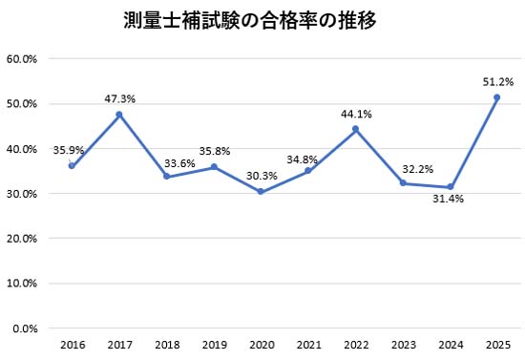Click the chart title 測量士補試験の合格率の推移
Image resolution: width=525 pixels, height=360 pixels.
(x=249, y=20)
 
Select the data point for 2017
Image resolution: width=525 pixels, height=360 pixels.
(x=118, y=115)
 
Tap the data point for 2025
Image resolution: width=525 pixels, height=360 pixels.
(x=497, y=97)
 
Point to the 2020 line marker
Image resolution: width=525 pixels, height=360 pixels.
(x=261, y=192)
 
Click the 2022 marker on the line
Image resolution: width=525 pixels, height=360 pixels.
(x=355, y=129)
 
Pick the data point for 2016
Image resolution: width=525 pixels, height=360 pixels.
(x=72, y=166)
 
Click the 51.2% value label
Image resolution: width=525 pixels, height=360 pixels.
(x=497, y=81)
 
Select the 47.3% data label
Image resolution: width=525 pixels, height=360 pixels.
(x=118, y=98)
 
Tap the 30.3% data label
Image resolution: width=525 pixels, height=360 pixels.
(x=261, y=176)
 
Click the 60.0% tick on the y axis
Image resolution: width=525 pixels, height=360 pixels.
(x=21, y=58)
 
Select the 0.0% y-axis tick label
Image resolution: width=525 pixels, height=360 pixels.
(x=24, y=328)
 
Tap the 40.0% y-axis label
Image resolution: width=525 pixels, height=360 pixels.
(x=21, y=149)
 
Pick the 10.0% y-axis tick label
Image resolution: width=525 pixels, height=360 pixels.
(x=21, y=284)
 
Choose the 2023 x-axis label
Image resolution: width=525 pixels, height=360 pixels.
(x=403, y=344)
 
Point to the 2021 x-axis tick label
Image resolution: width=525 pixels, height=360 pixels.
(x=308, y=344)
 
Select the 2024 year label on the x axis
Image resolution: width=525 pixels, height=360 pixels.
(x=451, y=344)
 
